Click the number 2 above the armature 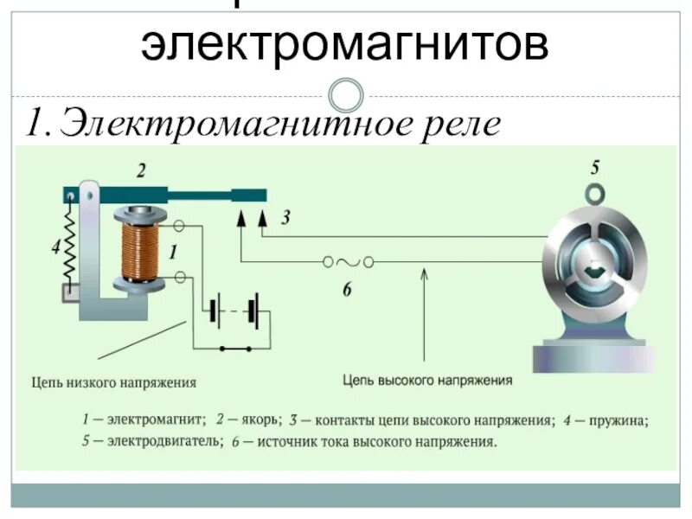click(x=140, y=171)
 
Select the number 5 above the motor click(x=595, y=168)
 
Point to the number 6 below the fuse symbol click(x=346, y=291)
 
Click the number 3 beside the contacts click(x=285, y=221)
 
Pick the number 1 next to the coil click(x=173, y=253)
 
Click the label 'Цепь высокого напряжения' click(x=427, y=380)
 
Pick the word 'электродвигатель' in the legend click(x=161, y=442)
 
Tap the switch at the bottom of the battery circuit click(x=235, y=349)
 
